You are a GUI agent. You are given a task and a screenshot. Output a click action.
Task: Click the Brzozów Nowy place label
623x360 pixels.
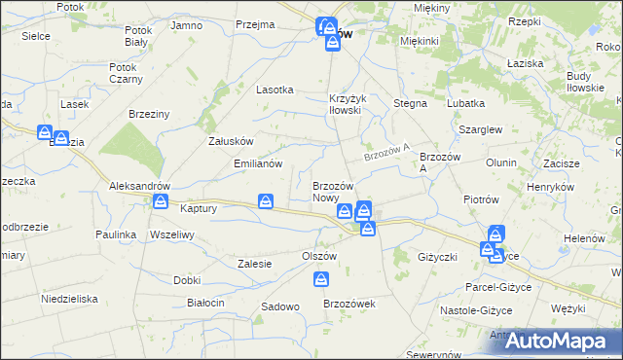click(338, 192)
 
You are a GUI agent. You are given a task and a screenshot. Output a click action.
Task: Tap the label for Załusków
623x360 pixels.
click(232, 140)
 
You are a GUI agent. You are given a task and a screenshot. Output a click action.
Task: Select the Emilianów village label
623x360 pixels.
click(258, 163)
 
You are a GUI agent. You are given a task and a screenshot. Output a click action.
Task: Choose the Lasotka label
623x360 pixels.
click(275, 89)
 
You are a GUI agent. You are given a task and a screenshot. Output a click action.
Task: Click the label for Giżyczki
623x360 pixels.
click(437, 257)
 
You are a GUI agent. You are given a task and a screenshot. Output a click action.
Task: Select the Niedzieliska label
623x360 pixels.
click(70, 299)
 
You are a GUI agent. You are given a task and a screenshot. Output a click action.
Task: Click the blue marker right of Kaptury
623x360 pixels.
click(266, 201)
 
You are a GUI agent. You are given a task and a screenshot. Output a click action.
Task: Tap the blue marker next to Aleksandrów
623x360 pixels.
click(162, 202)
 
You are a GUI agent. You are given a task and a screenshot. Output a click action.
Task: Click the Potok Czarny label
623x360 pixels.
click(127, 73)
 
